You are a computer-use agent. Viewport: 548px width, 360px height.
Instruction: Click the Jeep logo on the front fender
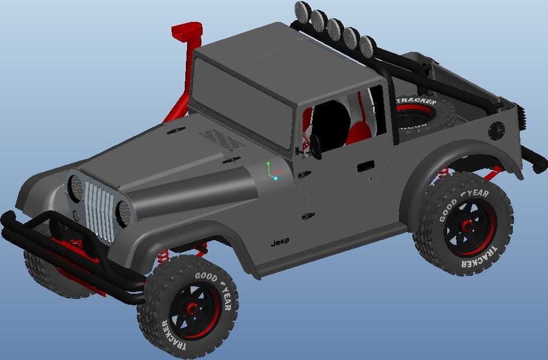pyautogui.click(x=280, y=242)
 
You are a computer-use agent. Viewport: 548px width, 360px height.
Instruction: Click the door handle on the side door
pyautogui.click(x=366, y=166)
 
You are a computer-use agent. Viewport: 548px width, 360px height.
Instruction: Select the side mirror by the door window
pyautogui.click(x=315, y=146)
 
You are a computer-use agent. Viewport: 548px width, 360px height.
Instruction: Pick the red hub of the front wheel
pyautogui.click(x=192, y=309)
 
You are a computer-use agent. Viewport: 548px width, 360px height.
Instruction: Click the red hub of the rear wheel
pyautogui.click(x=467, y=226)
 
